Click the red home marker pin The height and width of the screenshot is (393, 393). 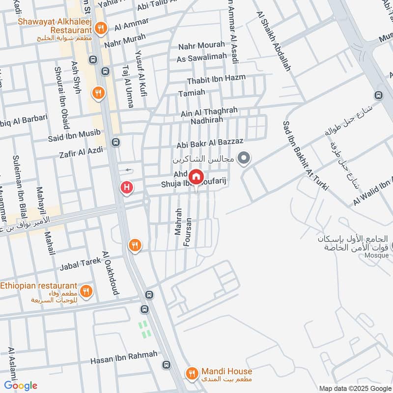click(x=196, y=176)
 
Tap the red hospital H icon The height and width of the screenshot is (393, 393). click(x=127, y=188)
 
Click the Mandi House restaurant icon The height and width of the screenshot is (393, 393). click(x=191, y=374)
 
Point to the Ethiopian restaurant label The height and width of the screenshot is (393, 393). click(x=39, y=285)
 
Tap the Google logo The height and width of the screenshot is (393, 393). click(x=21, y=386)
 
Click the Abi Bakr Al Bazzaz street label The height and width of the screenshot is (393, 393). click(x=210, y=142)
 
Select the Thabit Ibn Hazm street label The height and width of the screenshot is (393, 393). click(x=216, y=79)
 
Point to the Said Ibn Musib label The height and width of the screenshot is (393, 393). click(x=74, y=132)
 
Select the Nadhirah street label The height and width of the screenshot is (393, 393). click(x=207, y=119)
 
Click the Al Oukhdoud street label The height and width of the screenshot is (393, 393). click(x=111, y=273)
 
